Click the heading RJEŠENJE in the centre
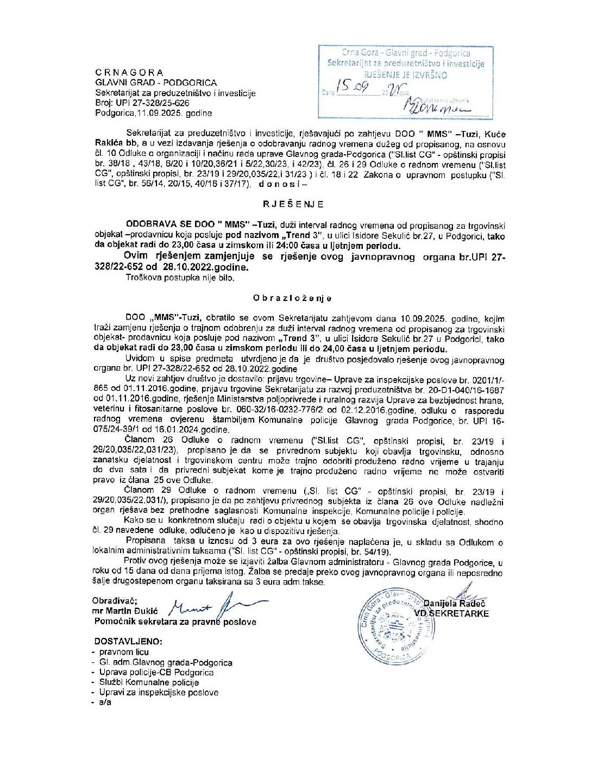(293, 204)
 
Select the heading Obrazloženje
(292, 298)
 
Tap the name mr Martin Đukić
(125, 611)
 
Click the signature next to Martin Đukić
(217, 606)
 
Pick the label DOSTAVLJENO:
(128, 641)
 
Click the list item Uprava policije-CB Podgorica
(156, 672)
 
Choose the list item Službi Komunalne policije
(149, 682)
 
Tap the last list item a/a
(105, 702)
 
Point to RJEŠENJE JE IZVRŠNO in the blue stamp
(405, 75)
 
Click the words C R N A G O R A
(129, 72)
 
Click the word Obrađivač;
(115, 601)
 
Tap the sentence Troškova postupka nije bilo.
(180, 278)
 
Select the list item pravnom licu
(124, 652)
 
